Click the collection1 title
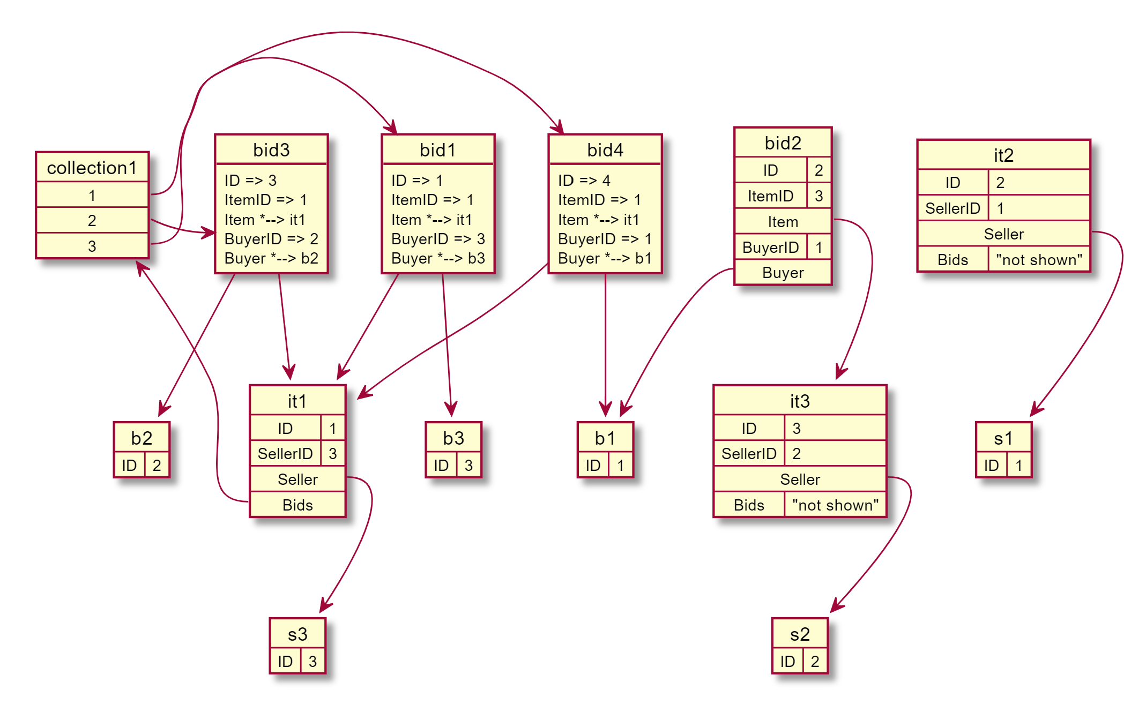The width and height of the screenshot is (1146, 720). (x=92, y=168)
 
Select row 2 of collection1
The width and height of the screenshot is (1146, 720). (x=92, y=220)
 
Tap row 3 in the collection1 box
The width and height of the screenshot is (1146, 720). (x=92, y=246)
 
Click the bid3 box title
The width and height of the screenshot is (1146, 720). (x=271, y=150)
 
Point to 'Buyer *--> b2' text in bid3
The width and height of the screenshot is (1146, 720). (x=271, y=258)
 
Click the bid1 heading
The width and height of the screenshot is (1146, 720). (x=438, y=150)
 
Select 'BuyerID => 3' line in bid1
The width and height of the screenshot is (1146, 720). (x=438, y=239)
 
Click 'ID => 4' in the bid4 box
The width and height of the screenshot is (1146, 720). (x=584, y=181)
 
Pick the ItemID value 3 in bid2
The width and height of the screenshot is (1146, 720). (x=818, y=196)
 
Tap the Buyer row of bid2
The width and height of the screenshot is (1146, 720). (x=783, y=273)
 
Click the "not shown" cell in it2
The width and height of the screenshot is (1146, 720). (x=1039, y=260)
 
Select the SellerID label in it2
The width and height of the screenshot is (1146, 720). (x=952, y=208)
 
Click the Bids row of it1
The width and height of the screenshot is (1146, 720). (x=297, y=505)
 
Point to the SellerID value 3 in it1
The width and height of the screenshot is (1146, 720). (x=333, y=454)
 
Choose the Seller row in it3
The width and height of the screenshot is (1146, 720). (x=800, y=479)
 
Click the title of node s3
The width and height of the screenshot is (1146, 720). (x=297, y=634)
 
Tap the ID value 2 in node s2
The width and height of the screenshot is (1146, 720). (x=815, y=662)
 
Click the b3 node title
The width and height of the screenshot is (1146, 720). (x=453, y=438)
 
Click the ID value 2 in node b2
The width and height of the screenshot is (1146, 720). (x=157, y=465)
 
